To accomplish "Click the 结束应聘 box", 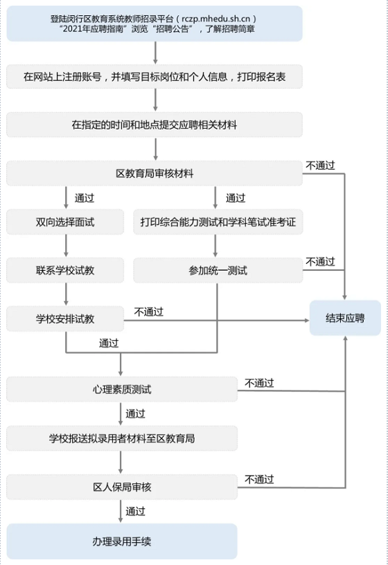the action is (x=345, y=318).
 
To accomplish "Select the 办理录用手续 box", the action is (x=122, y=541).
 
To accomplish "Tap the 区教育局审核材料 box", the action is (x=155, y=173).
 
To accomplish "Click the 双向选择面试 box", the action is (x=65, y=222).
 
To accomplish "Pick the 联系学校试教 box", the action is (x=65, y=270).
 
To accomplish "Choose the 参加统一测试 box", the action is (x=218, y=270).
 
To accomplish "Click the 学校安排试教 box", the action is (x=65, y=319).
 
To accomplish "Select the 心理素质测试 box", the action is (x=122, y=389).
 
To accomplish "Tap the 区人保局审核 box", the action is (x=122, y=487).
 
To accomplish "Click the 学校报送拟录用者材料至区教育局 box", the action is (x=122, y=438).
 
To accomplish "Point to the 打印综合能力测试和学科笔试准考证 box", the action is (x=218, y=222).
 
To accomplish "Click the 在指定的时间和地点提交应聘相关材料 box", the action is (x=155, y=125).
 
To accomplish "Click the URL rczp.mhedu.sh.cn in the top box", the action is (x=215, y=19).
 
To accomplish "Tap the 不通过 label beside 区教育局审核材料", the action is (x=320, y=165).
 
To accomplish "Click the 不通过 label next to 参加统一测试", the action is (x=320, y=262).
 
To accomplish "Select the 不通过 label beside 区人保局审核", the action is (x=259, y=479).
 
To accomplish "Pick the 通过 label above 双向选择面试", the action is (x=85, y=198).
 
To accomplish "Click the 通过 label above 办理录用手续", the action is (x=135, y=511).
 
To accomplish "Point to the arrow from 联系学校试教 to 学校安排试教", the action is (x=66, y=294).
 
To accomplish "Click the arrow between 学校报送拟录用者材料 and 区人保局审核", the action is (x=121, y=463).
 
